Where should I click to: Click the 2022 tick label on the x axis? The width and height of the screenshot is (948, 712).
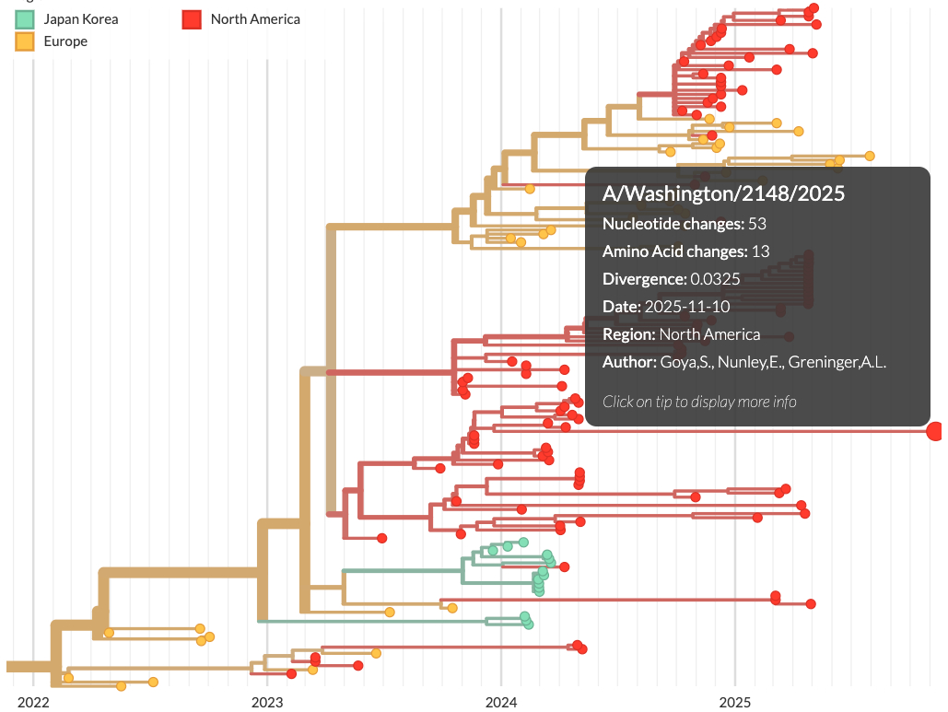(33, 703)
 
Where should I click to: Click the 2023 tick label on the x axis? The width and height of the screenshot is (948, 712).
(267, 703)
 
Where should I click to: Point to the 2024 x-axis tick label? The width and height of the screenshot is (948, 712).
(501, 703)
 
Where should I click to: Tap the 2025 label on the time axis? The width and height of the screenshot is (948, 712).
(735, 703)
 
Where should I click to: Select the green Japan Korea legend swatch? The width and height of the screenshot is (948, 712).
(26, 18)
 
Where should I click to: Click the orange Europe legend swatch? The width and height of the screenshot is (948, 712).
(26, 41)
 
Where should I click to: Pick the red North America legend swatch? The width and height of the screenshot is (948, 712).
(192, 18)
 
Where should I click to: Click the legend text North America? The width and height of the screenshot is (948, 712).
(255, 18)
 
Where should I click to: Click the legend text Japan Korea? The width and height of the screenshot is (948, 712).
(81, 18)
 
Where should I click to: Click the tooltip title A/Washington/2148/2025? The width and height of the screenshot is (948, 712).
(723, 193)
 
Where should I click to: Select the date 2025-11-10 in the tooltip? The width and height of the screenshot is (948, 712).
(687, 307)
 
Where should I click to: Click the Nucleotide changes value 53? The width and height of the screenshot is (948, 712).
(757, 224)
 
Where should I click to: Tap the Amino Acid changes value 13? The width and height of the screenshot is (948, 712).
(760, 251)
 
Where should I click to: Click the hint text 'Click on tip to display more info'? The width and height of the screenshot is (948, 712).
(699, 401)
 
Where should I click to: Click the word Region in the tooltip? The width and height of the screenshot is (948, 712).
(627, 334)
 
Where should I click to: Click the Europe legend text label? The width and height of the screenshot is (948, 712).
(65, 41)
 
